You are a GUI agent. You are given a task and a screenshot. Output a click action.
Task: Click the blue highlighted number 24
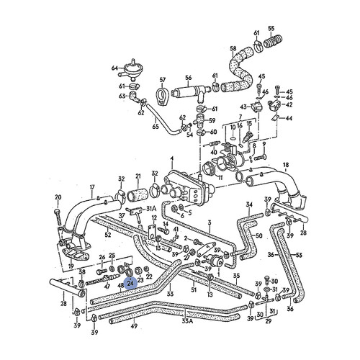[130, 283]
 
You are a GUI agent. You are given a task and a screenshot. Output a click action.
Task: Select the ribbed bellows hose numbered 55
[271, 45]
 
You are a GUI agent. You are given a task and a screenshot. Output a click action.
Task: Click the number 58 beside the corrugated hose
[233, 49]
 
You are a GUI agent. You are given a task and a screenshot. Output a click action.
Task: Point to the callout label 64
[114, 68]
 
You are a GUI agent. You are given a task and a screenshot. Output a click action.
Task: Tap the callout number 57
[163, 79]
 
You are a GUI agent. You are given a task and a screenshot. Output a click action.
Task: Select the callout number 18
[286, 166]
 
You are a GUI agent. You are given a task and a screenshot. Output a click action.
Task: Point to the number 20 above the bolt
[58, 197]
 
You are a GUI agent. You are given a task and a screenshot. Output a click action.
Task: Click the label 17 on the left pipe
[91, 189]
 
